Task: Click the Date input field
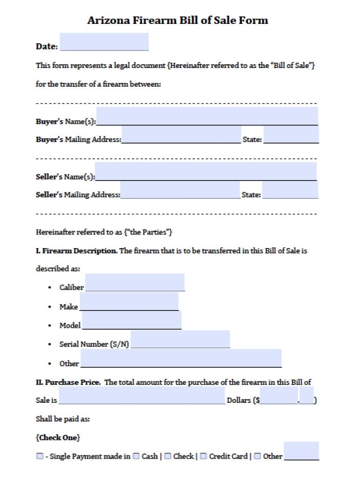(x=104, y=42)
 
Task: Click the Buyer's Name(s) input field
(x=207, y=116)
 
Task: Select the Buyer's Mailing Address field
(x=181, y=135)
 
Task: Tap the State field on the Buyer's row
(x=291, y=135)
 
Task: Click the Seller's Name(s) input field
(x=205, y=171)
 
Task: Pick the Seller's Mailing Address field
(x=180, y=190)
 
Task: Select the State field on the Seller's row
(x=290, y=190)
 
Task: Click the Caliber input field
(x=135, y=282)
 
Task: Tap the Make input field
(x=129, y=301)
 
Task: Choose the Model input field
(x=131, y=320)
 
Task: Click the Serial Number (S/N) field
(x=180, y=339)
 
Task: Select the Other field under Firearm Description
(x=180, y=358)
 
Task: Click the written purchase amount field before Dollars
(x=142, y=395)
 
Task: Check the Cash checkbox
(x=136, y=456)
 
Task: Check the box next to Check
(x=167, y=456)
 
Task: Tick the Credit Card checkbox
(x=203, y=456)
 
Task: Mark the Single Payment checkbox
(x=40, y=456)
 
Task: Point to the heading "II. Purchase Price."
(x=68, y=382)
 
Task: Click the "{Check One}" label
(x=58, y=438)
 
